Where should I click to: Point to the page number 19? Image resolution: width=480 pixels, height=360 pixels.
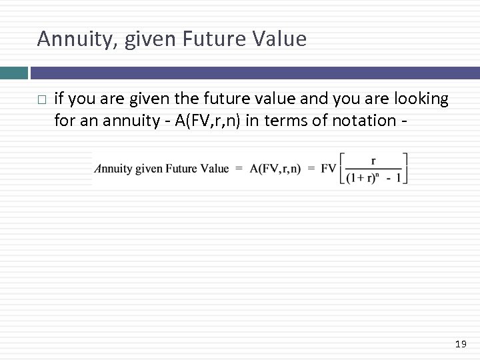(x=460, y=344)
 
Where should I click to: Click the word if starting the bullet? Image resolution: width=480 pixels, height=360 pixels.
(x=59, y=99)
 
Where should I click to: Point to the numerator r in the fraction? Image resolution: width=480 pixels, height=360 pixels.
(x=373, y=160)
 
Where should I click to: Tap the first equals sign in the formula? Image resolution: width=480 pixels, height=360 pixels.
(x=239, y=169)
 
